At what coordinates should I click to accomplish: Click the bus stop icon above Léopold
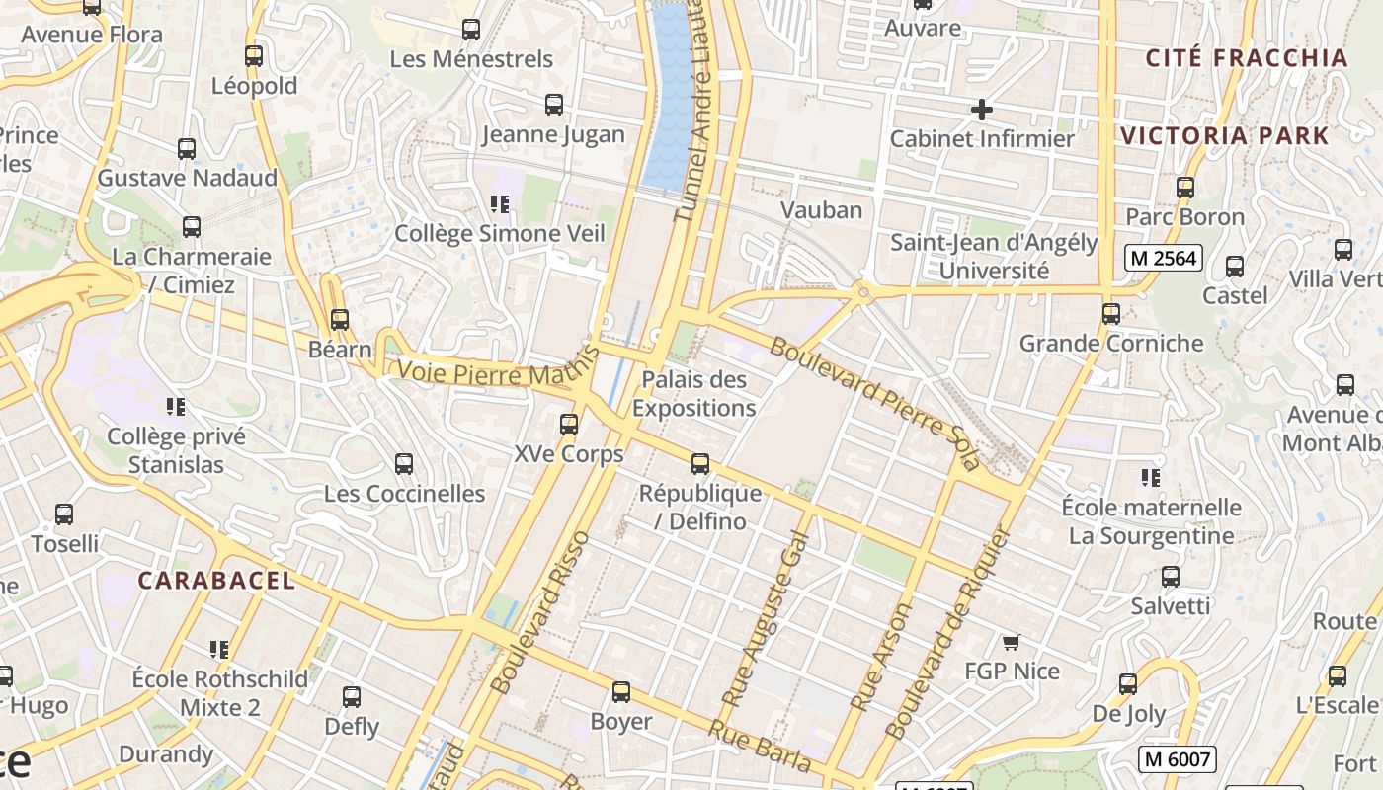254,56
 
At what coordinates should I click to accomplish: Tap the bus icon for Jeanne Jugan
554,105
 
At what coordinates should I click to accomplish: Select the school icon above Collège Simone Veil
500,204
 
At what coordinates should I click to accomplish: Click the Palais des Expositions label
693,393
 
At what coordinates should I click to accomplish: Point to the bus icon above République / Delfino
700,463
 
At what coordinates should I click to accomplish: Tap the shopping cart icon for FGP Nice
1011,643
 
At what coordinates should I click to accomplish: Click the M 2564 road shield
1164,259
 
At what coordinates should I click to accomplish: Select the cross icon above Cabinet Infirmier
981,110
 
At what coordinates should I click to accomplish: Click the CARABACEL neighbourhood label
216,580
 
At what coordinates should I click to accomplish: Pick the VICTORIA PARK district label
1225,136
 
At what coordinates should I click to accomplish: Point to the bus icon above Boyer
621,692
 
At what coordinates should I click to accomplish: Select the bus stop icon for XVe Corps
569,425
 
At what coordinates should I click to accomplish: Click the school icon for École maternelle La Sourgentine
1151,478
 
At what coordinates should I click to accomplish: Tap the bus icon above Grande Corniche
1111,314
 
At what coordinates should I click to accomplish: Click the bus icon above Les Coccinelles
404,464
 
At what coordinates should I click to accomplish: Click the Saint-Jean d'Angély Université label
994,256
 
